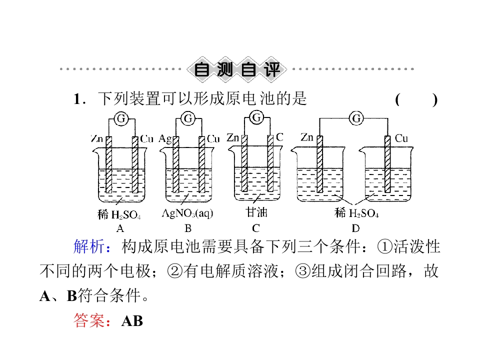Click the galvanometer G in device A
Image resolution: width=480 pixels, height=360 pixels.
(x=121, y=118)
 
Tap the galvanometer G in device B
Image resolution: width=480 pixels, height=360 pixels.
(x=188, y=118)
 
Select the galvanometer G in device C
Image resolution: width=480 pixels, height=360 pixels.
(x=257, y=117)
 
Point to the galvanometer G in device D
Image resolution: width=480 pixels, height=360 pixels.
(x=356, y=118)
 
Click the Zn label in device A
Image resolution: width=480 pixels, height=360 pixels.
(x=97, y=138)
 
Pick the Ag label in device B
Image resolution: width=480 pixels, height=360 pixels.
(x=165, y=139)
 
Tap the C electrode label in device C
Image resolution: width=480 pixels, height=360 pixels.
(x=279, y=137)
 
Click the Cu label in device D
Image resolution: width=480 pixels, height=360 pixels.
(x=401, y=138)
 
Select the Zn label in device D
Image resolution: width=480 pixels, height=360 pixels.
(x=307, y=137)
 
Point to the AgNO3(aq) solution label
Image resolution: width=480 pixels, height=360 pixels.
(x=187, y=213)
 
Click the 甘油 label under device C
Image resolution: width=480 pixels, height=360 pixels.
(x=256, y=212)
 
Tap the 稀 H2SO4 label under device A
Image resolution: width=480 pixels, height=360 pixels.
(x=119, y=214)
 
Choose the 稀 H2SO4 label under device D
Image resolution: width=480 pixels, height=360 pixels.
(x=356, y=212)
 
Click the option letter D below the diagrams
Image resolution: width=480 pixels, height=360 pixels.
(x=355, y=228)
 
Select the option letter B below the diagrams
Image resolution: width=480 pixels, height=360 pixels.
(x=188, y=228)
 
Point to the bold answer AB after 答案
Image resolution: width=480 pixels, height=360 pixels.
(x=132, y=321)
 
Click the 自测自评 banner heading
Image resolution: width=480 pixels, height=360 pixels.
(x=237, y=69)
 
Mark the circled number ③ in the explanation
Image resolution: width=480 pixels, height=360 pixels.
(x=303, y=271)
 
